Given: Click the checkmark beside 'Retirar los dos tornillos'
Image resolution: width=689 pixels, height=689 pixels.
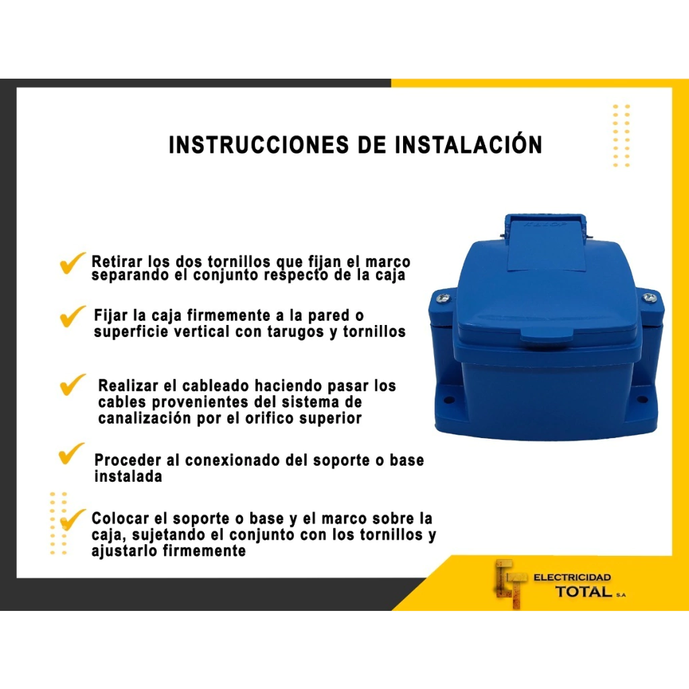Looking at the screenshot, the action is pos(73,263).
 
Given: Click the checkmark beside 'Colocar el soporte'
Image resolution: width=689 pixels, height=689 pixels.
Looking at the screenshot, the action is pos(73,520).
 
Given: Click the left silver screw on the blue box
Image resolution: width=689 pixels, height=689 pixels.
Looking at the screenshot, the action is pos(443,298).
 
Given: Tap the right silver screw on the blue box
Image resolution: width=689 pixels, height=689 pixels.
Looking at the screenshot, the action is pos(649,298).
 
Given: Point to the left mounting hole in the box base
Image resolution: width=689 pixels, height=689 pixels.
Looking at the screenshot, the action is pos(449,400).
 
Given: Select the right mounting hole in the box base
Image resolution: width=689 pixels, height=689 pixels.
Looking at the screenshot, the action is pos(642,400).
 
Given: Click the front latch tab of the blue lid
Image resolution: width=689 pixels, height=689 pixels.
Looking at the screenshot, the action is pos(546,336).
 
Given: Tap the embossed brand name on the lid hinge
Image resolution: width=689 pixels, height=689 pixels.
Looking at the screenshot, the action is pos(545,224).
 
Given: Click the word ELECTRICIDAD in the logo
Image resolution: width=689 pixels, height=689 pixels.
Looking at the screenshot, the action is pos(572,577).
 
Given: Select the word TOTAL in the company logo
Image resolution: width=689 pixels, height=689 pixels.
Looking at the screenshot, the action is pos(584,591).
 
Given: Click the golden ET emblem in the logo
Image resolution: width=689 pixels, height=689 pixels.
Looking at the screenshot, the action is pos(510,584).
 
